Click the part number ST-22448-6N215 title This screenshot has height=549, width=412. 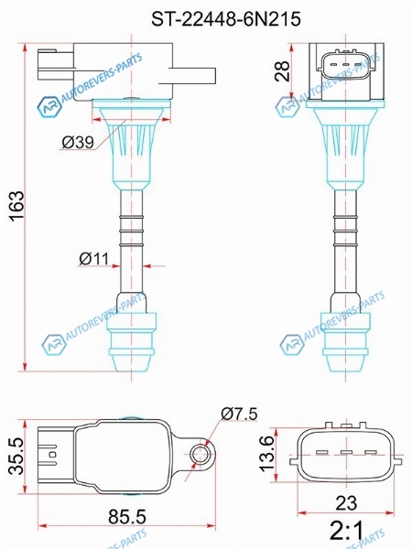(x=226, y=18)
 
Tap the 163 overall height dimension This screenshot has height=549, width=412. (x=16, y=206)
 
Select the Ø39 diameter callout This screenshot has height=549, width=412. (x=78, y=143)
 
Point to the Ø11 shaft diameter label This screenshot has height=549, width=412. (x=94, y=259)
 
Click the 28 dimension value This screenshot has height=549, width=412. (x=282, y=71)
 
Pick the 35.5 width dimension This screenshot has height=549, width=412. (x=16, y=456)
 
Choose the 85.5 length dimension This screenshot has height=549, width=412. (x=127, y=516)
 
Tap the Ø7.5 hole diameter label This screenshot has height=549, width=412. (x=239, y=414)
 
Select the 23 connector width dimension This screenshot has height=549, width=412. (x=346, y=503)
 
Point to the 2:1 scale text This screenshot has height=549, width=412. (x=347, y=530)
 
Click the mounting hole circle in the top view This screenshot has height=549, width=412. (x=200, y=454)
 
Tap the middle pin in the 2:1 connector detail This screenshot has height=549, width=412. (x=346, y=452)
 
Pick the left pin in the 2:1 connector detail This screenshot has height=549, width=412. (x=322, y=452)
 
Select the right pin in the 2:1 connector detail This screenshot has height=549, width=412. (x=371, y=452)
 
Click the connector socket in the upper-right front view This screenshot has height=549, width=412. (x=346, y=65)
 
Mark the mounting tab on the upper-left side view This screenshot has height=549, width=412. (x=187, y=76)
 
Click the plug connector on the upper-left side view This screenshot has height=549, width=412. (x=55, y=66)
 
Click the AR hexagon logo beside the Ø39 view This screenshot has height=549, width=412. (x=49, y=106)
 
